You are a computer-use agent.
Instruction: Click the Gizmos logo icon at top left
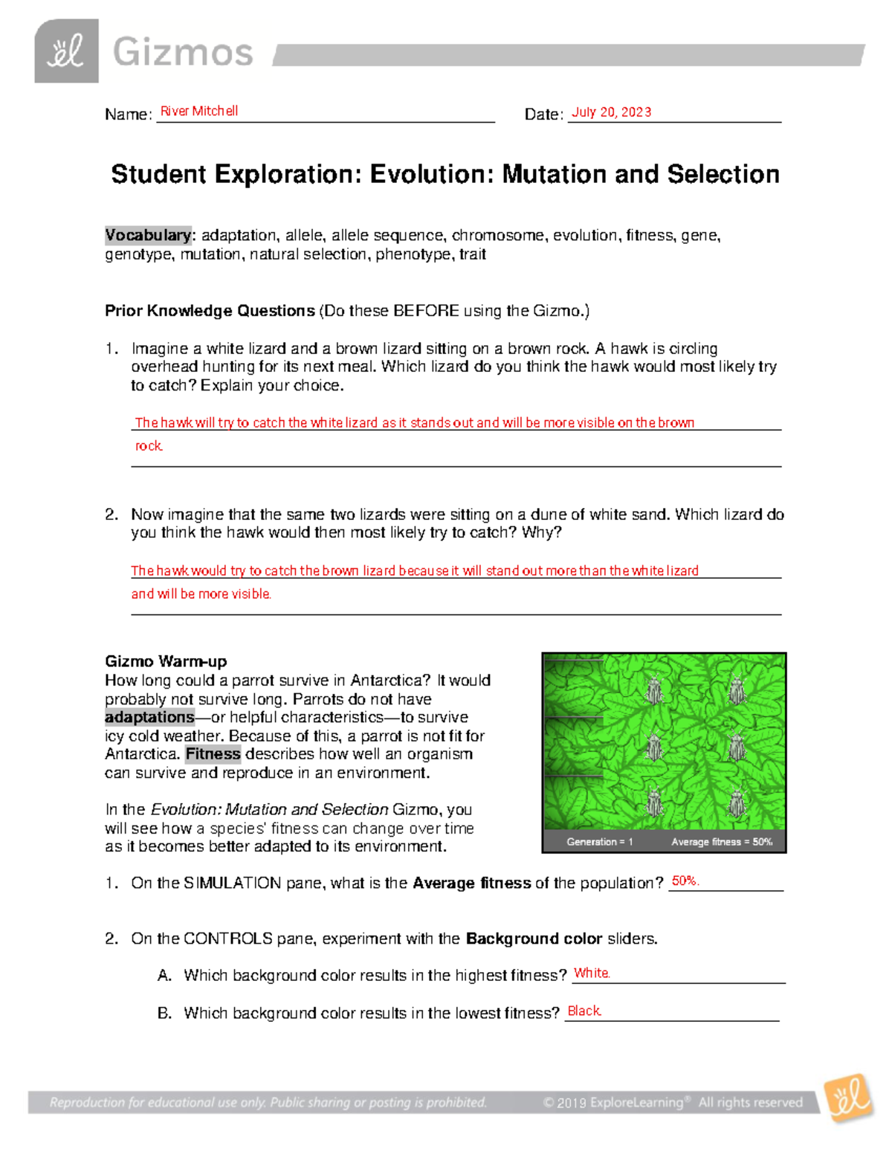coord(66,51)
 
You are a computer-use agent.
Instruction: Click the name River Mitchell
coord(199,112)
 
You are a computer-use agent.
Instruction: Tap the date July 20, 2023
coord(611,112)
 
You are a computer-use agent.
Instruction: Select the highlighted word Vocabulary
coord(148,236)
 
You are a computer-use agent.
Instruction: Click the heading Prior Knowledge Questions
coord(210,311)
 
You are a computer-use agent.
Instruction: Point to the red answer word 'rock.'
coord(149,446)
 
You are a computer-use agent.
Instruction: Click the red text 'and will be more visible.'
coord(201,594)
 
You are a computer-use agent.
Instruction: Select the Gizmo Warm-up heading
coord(166,661)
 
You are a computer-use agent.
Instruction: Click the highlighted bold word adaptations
coord(149,718)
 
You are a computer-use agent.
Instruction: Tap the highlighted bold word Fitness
coord(213,754)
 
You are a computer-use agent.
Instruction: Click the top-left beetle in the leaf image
coord(654,691)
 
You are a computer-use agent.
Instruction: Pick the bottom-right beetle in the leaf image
coord(737,803)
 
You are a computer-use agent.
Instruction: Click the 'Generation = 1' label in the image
coord(599,842)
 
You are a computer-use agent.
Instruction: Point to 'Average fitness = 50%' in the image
coord(722,842)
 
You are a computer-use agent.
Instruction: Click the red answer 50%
coord(685,881)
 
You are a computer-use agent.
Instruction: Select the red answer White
coord(592,974)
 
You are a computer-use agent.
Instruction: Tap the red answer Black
coord(584,1011)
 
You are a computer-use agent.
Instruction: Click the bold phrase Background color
coord(534,939)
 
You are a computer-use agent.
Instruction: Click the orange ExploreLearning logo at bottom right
coord(849,1098)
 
